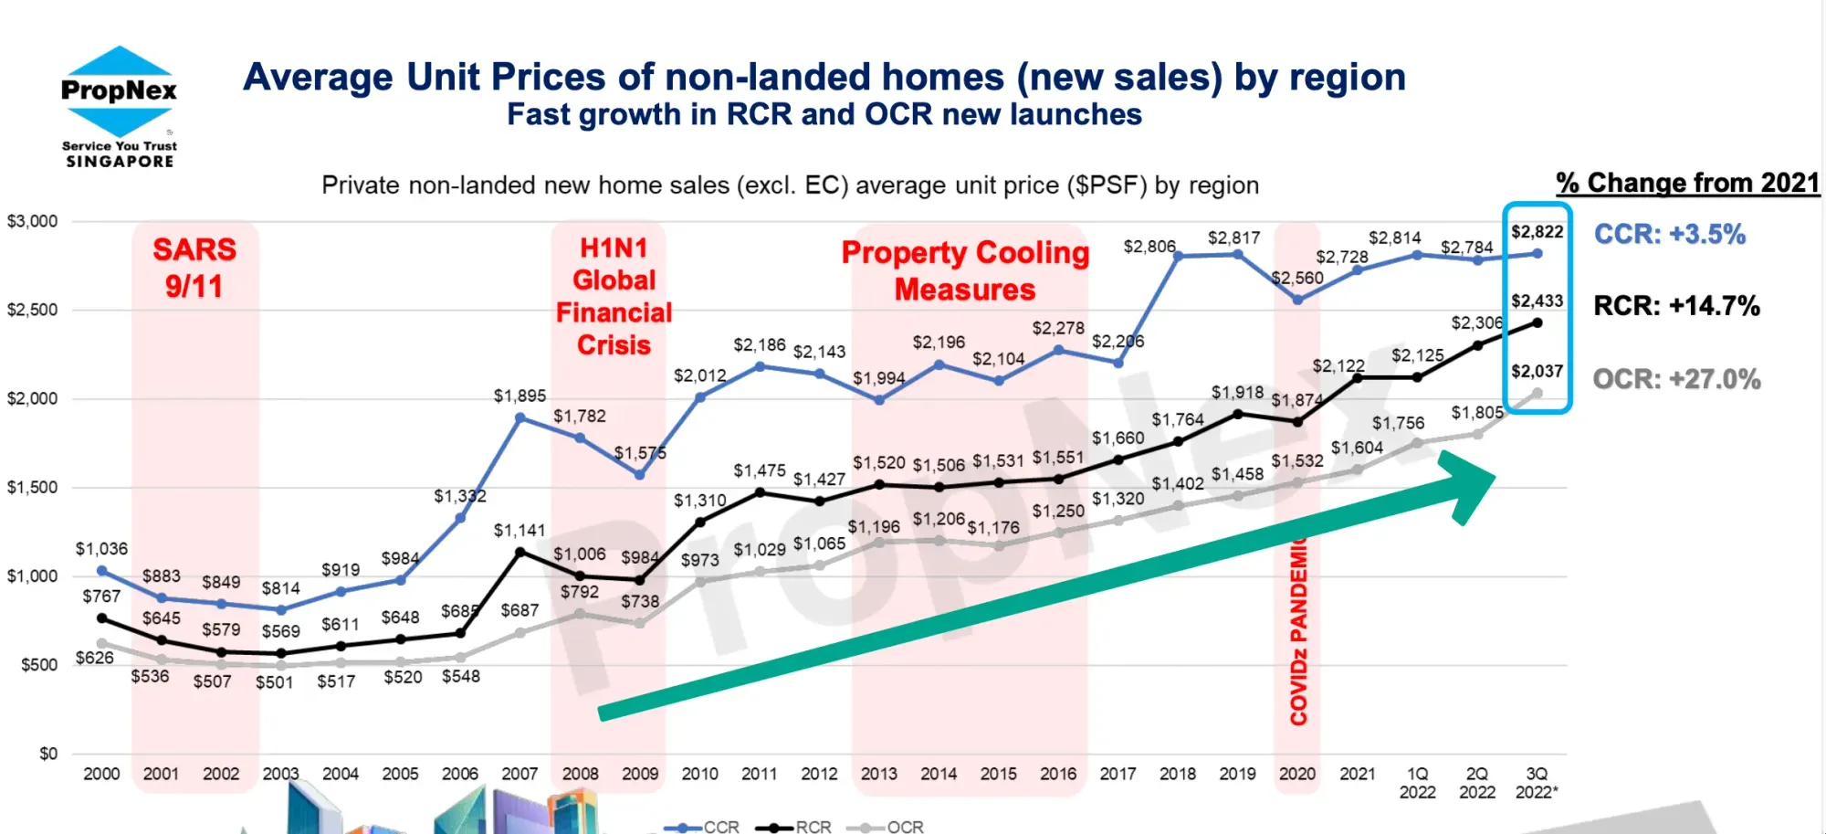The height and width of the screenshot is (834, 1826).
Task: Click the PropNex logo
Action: pyautogui.click(x=119, y=106)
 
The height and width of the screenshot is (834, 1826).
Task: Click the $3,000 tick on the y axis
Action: pyautogui.click(x=33, y=221)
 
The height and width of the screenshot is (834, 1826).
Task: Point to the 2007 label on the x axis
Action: pyautogui.click(x=519, y=774)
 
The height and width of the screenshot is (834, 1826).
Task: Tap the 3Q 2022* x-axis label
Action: pyautogui.click(x=1537, y=783)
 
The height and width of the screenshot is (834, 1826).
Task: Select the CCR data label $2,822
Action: pyautogui.click(x=1537, y=232)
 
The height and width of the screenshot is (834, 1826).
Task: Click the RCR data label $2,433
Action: pyautogui.click(x=1537, y=301)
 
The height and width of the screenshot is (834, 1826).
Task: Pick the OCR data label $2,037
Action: pyautogui.click(x=1537, y=372)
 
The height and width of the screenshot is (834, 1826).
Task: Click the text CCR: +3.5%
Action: pyautogui.click(x=1669, y=235)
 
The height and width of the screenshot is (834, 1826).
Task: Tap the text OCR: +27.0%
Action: pyautogui.click(x=1676, y=379)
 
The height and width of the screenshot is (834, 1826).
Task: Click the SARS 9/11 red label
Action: pyautogui.click(x=194, y=268)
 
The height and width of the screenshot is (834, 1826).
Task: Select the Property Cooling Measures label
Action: pyautogui.click(x=965, y=270)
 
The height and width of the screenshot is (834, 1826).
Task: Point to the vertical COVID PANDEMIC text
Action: pyautogui.click(x=1298, y=630)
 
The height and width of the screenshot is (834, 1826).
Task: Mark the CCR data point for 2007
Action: pyautogui.click(x=519, y=417)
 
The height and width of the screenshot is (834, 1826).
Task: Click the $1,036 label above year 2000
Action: pyautogui.click(x=101, y=549)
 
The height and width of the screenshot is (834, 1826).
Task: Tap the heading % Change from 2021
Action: pyautogui.click(x=1688, y=183)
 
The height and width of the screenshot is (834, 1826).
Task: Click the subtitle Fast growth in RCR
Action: pyautogui.click(x=824, y=115)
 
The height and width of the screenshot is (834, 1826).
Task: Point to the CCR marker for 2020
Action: pyautogui.click(x=1297, y=300)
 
